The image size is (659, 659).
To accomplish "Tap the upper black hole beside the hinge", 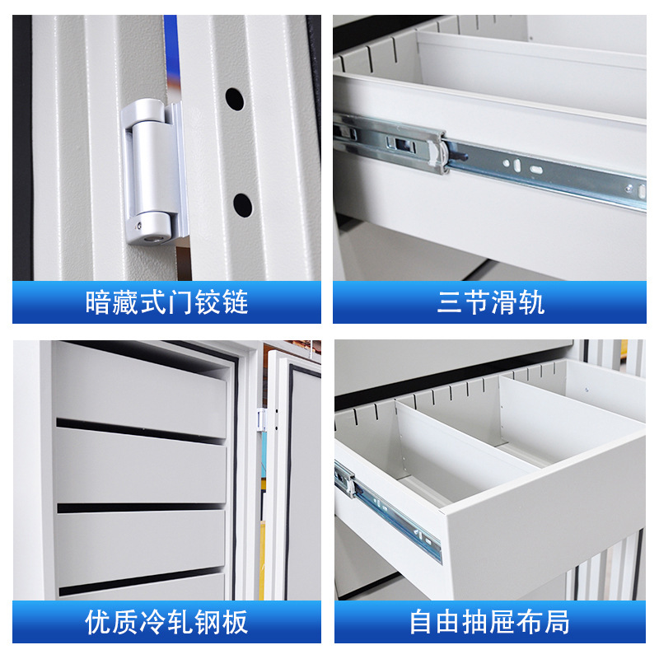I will click(x=235, y=100).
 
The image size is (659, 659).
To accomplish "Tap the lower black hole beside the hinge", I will click(x=241, y=203).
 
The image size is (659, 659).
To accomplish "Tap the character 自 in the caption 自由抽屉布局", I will click(x=422, y=622).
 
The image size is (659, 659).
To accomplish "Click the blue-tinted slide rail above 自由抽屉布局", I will click(x=387, y=511).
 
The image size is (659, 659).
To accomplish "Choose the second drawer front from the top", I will click(x=140, y=465).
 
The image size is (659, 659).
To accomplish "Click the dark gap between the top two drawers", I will click(x=140, y=428).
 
